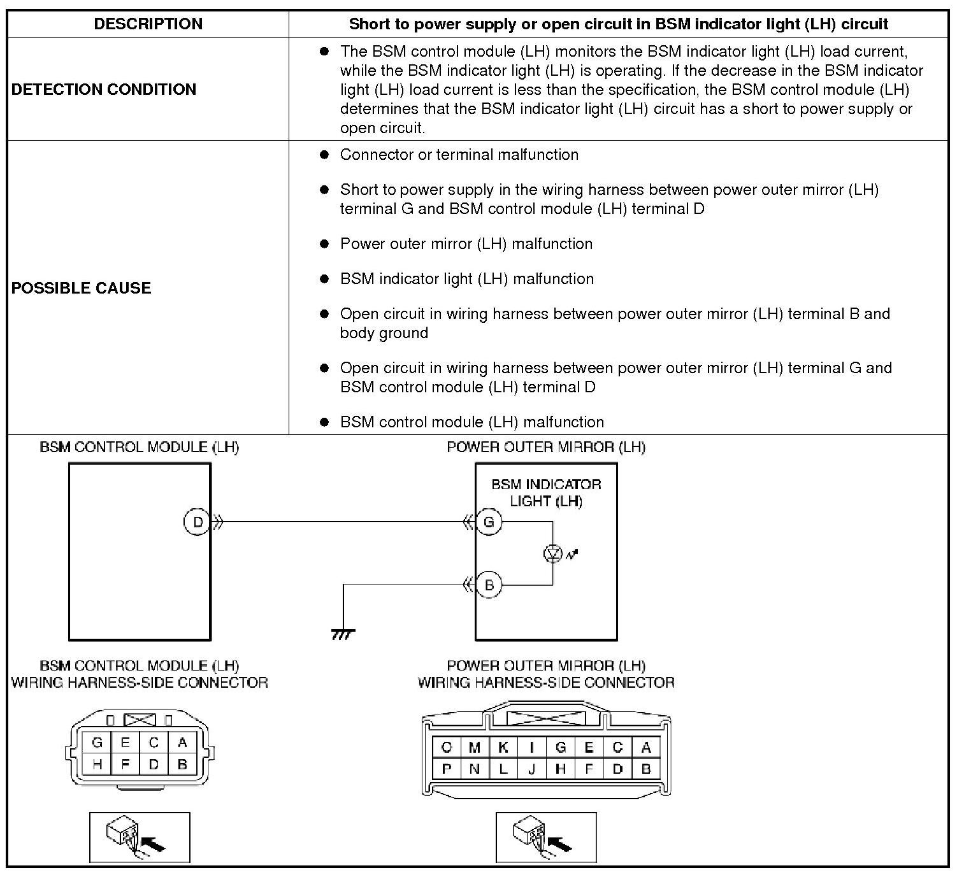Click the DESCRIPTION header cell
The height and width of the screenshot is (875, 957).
click(148, 24)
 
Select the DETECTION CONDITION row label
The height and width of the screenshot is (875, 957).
click(104, 89)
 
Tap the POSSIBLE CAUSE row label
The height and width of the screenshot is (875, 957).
click(82, 288)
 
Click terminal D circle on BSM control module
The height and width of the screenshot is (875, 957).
click(198, 522)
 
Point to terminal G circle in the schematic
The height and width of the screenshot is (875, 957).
click(489, 522)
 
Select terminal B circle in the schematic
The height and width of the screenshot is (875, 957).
click(489, 585)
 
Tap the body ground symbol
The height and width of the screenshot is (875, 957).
click(343, 634)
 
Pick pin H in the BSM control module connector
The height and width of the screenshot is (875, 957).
click(97, 764)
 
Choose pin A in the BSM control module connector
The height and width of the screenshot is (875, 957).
click(183, 743)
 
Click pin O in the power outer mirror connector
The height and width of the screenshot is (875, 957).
click(446, 748)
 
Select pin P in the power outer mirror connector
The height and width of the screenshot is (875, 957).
click(446, 769)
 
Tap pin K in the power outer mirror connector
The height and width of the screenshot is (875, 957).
click(503, 748)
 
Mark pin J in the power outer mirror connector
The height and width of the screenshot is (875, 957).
click(531, 769)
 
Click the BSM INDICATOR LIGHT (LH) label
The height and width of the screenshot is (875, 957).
click(546, 492)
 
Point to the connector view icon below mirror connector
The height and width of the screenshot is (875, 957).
click(546, 837)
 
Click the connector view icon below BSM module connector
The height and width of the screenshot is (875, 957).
click(140, 837)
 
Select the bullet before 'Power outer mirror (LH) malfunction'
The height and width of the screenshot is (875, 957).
click(324, 244)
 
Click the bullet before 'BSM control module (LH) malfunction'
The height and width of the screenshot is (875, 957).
click(324, 422)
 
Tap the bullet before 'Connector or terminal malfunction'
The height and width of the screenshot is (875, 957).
click(324, 155)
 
